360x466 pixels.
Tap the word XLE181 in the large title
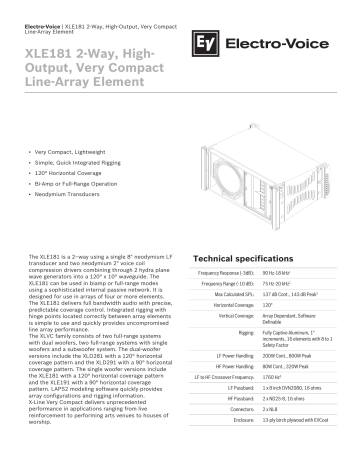[57, 52]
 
